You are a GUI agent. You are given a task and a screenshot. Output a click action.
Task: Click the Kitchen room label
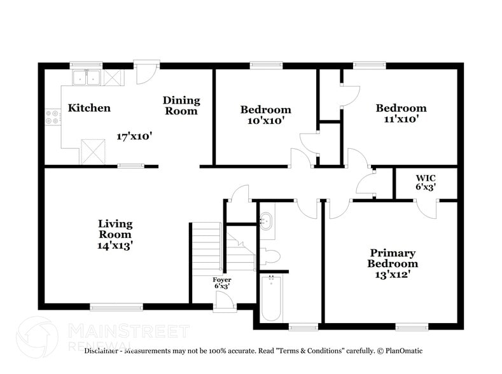tap(89, 107)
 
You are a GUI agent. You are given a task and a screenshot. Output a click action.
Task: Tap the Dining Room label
tap(181, 106)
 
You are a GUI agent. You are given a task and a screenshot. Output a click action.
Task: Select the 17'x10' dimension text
tap(134, 136)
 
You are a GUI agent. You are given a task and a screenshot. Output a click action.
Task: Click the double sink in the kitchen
tap(86, 78)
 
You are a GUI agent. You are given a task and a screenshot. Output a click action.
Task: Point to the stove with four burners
tap(53, 117)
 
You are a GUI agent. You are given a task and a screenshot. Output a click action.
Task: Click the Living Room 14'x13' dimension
tap(115, 244)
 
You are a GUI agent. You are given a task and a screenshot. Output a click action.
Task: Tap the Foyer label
tap(222, 280)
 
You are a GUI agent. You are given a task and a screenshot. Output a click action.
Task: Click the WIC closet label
tap(426, 177)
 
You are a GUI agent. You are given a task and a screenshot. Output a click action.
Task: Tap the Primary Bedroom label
tap(393, 258)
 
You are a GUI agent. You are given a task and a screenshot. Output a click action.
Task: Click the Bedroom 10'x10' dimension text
tap(265, 120)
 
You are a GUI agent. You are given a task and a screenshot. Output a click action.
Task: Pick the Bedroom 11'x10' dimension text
tap(400, 118)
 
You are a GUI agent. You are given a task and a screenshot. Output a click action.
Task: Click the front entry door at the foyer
tap(223, 307)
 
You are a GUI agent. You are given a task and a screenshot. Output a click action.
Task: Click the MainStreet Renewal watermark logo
tap(102, 334)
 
